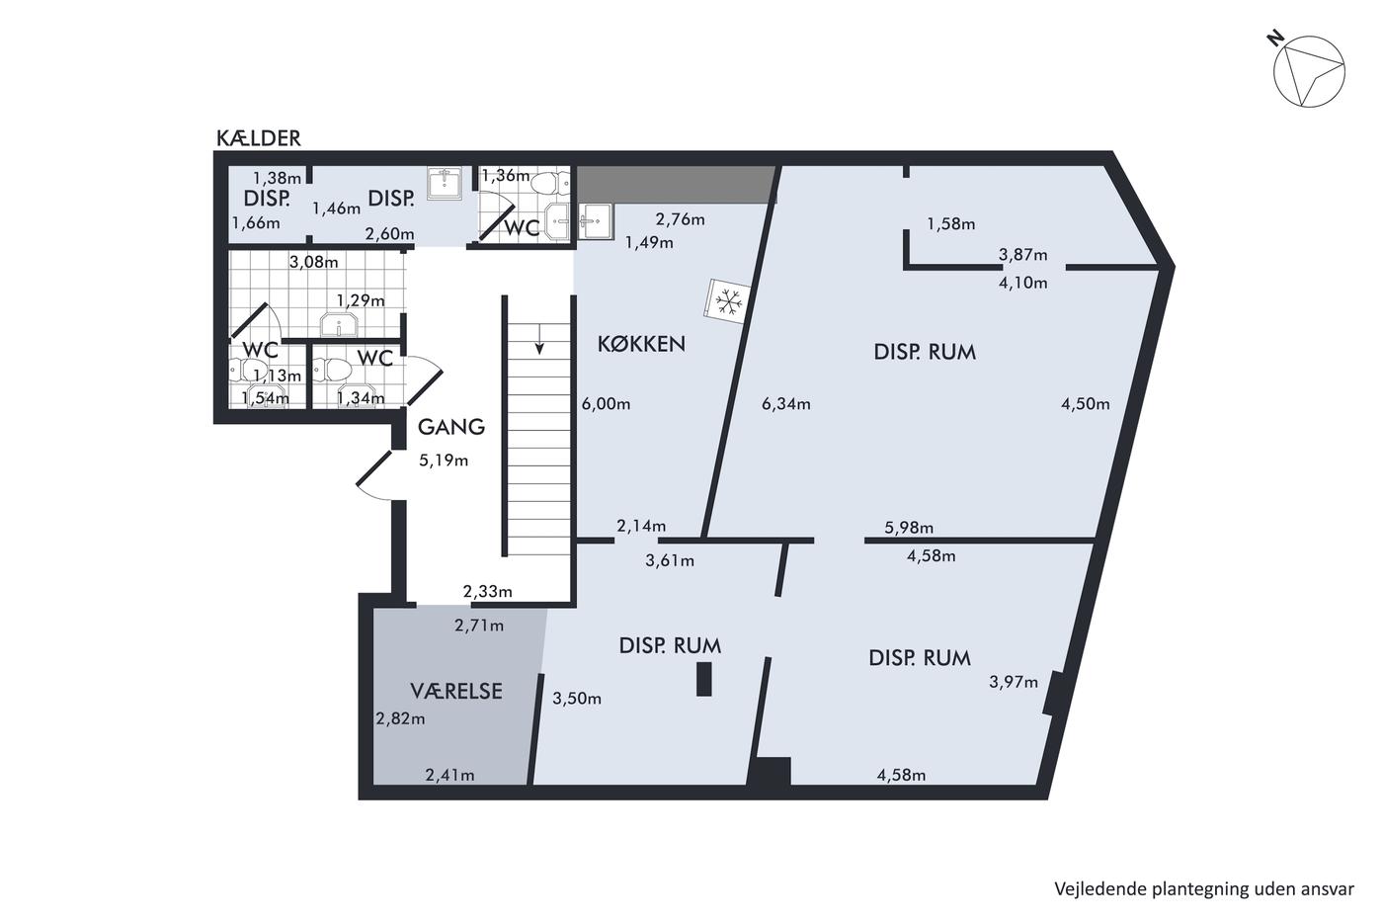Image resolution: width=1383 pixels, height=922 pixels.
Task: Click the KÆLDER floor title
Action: click(258, 138)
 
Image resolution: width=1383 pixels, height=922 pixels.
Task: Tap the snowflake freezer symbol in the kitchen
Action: click(729, 301)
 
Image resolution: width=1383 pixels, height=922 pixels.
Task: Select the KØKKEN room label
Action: click(641, 344)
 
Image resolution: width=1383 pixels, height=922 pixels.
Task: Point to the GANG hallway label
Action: click(451, 427)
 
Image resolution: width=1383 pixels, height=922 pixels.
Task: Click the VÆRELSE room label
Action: click(456, 691)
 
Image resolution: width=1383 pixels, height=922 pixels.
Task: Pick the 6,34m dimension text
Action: click(786, 404)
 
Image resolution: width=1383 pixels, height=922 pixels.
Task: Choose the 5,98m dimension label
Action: click(909, 528)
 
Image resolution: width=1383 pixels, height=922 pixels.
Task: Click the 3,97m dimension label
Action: click(1014, 682)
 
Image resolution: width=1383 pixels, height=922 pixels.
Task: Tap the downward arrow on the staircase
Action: click(539, 339)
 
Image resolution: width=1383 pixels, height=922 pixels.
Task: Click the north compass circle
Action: click(1309, 71)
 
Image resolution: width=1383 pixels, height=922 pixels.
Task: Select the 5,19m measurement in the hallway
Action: click(444, 461)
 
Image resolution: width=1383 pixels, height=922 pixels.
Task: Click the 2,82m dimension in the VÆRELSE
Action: click(401, 718)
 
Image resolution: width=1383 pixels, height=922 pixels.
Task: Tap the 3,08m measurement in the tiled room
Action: click(314, 262)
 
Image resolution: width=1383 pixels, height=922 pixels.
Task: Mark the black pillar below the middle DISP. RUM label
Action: click(703, 679)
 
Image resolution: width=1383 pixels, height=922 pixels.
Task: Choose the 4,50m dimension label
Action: click(1086, 404)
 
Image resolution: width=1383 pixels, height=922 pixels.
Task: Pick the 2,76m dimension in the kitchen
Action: click(680, 219)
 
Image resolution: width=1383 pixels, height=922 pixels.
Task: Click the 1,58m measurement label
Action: click(950, 223)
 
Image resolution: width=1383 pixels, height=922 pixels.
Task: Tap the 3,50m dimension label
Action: click(577, 699)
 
